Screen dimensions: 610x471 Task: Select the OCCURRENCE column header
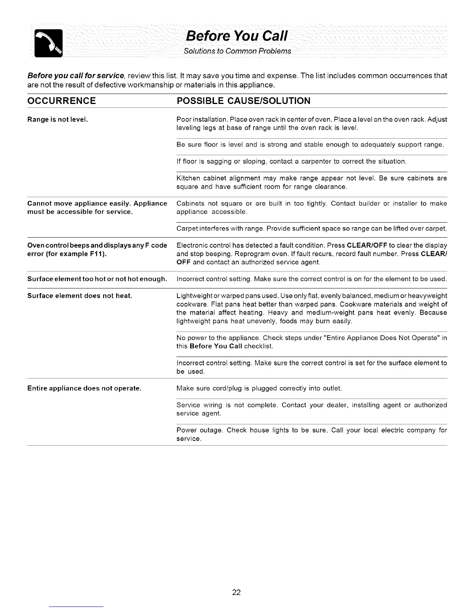click(62, 101)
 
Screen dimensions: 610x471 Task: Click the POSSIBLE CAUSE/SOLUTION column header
click(243, 101)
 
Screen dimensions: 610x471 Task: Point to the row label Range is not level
click(58, 119)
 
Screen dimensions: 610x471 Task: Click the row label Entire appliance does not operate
click(84, 388)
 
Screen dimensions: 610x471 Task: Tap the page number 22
click(236, 592)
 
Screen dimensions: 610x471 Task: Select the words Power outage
click(199, 430)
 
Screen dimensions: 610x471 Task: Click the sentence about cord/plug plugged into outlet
click(259, 388)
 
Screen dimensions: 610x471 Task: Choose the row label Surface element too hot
click(97, 279)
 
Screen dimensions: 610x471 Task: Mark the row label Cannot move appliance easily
click(97, 203)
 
